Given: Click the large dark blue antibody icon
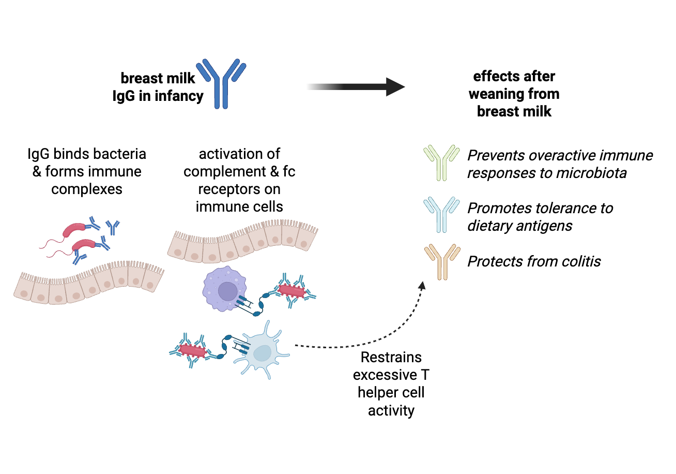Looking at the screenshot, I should point(221,83).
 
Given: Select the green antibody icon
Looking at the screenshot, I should point(441,162).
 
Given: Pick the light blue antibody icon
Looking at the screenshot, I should point(441,215).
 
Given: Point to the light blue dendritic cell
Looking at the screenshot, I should point(261,352).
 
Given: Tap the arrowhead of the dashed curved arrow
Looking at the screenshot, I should point(422,286).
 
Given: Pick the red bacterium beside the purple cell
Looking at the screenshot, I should point(292,290).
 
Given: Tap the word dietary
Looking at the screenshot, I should point(492,226).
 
